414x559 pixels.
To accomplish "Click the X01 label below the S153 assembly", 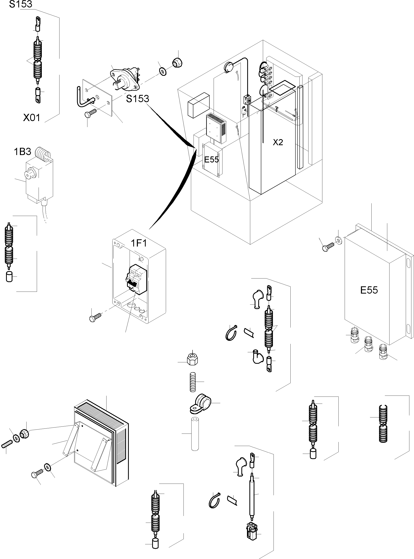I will click(x=32, y=118).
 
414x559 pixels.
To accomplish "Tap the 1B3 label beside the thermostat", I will click(x=22, y=152).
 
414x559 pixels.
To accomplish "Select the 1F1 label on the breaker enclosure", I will click(x=139, y=243).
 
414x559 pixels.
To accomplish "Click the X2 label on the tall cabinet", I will click(x=278, y=142).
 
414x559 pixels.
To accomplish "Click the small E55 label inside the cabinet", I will click(x=211, y=159).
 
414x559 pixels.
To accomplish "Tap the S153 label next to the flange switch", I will click(x=137, y=99).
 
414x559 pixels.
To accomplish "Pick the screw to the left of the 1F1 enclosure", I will click(x=95, y=317).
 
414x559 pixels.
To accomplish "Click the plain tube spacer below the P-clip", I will click(x=195, y=434).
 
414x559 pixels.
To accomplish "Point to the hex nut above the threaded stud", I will click(x=193, y=360).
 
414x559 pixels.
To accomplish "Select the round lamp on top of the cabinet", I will click(x=228, y=67).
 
